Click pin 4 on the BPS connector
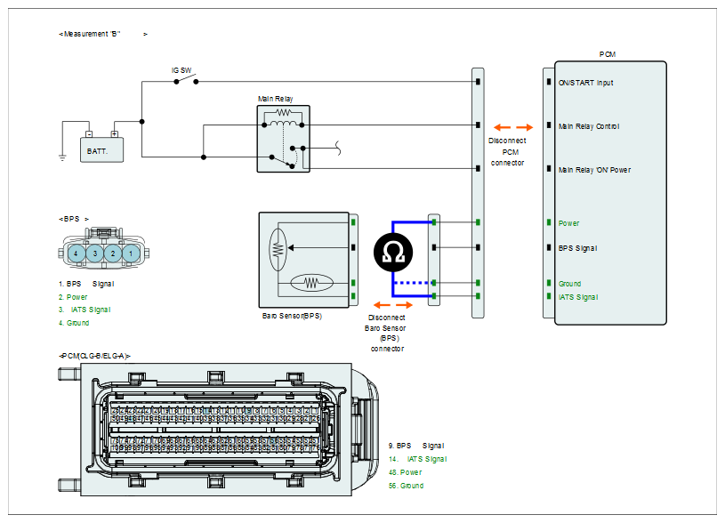[x=78, y=253]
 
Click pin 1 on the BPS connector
[x=130, y=253]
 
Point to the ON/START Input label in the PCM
[x=586, y=83]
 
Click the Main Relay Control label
[x=589, y=126]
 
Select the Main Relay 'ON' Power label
[x=594, y=169]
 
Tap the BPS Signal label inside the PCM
[x=577, y=248]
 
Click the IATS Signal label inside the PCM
[x=578, y=297]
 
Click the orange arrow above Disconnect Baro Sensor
[x=386, y=302]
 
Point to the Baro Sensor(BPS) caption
[x=291, y=316]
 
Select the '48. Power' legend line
[x=405, y=472]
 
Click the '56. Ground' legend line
[x=406, y=486]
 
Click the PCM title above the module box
[x=608, y=54]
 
